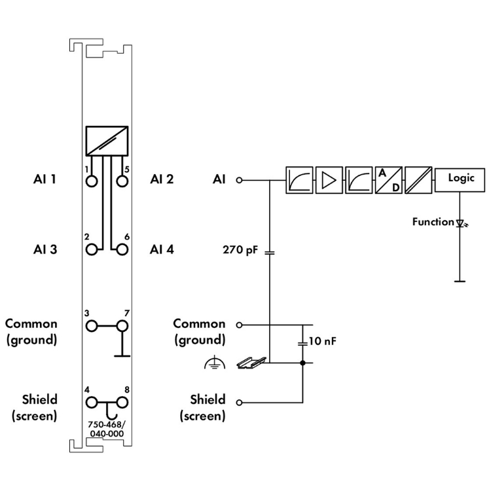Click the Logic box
click(x=460, y=179)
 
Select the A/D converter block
click(x=388, y=179)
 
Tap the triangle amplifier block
click(x=329, y=179)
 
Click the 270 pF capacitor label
click(x=240, y=249)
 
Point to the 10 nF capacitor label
click(x=321, y=342)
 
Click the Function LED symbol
click(x=460, y=223)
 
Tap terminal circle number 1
click(x=91, y=180)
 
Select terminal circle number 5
click(x=121, y=180)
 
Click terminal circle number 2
click(x=91, y=249)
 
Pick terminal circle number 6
click(x=121, y=249)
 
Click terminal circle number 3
click(x=91, y=325)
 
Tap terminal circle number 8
click(x=121, y=401)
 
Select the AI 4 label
click(x=162, y=249)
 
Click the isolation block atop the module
click(x=106, y=139)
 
